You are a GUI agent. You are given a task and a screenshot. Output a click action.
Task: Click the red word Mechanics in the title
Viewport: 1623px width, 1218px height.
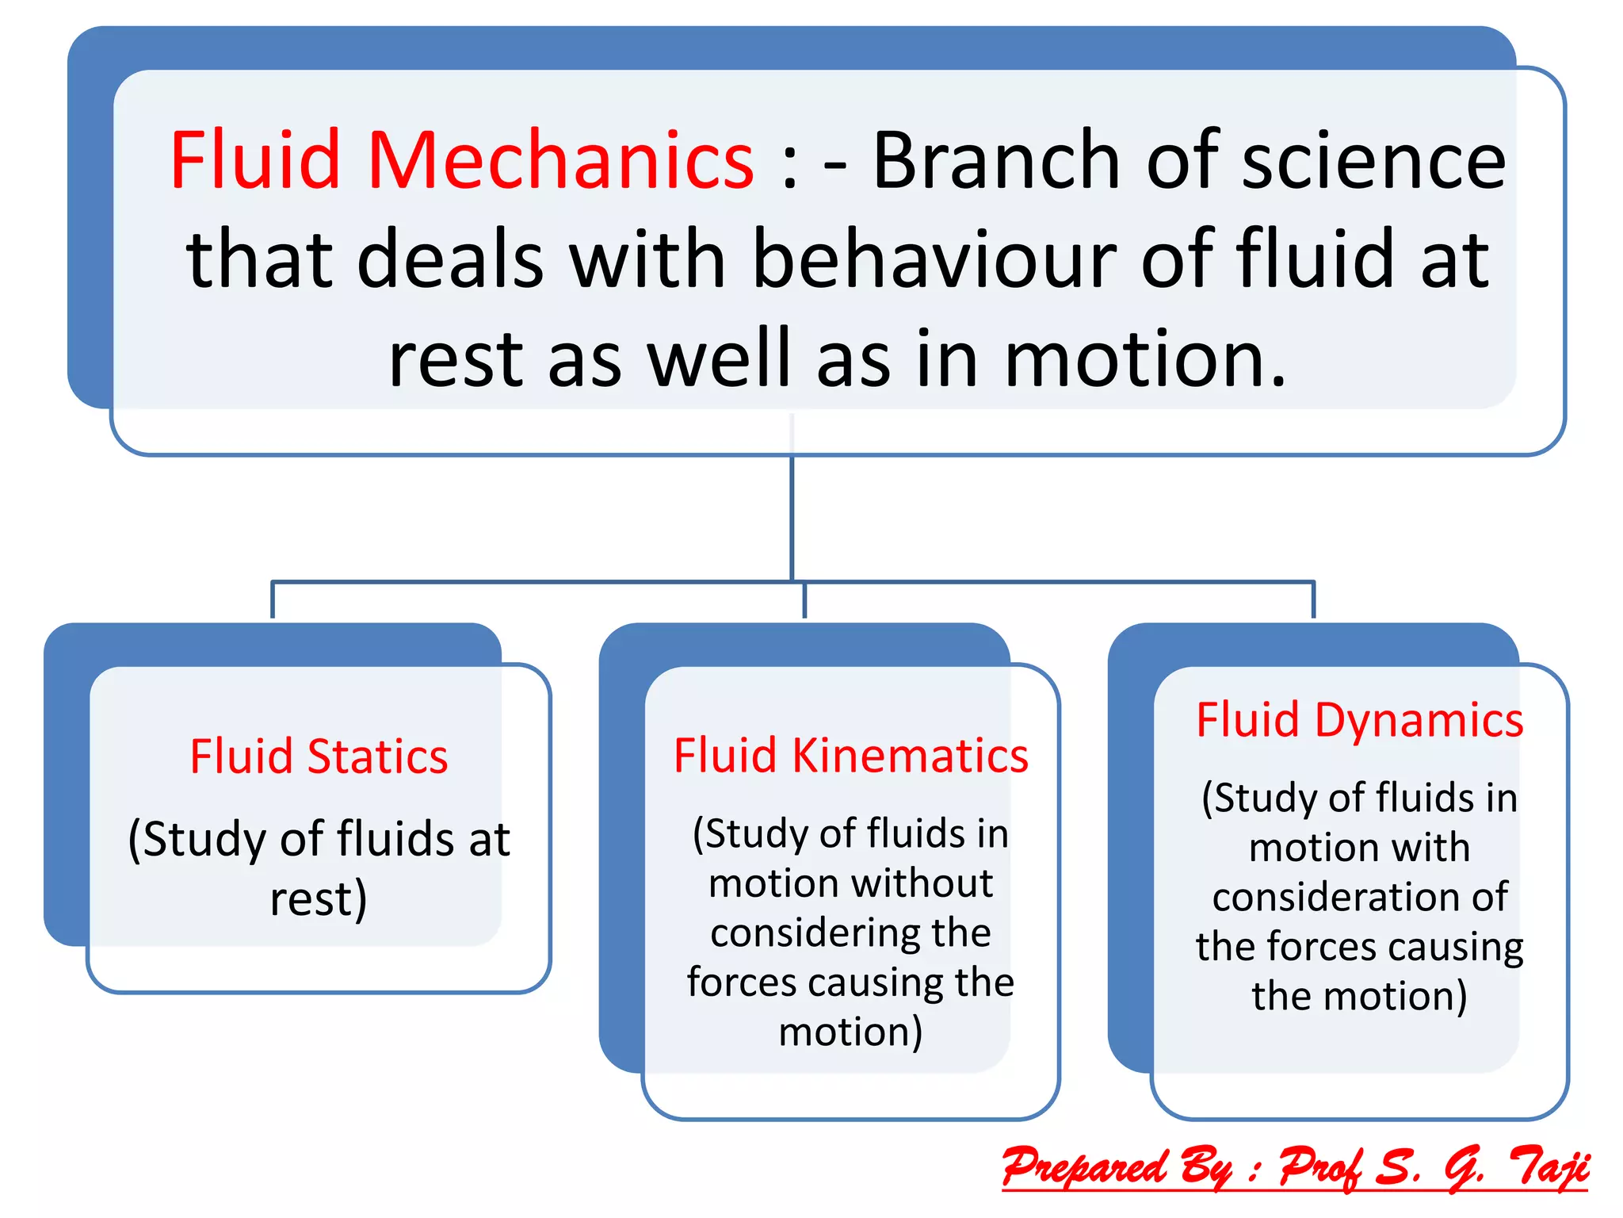(x=560, y=161)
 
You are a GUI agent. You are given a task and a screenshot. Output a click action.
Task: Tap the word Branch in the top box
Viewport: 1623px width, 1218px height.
(x=996, y=161)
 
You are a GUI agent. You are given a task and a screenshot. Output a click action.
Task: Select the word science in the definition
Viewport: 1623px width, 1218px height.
(x=1373, y=161)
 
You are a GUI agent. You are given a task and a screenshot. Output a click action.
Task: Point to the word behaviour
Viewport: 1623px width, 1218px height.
(x=934, y=259)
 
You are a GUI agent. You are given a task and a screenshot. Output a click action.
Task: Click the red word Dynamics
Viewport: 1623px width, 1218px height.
(x=1419, y=721)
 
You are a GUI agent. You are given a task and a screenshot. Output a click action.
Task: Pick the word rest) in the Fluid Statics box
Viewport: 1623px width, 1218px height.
(x=319, y=899)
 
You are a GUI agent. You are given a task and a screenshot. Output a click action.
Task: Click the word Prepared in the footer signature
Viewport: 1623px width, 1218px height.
(x=1083, y=1167)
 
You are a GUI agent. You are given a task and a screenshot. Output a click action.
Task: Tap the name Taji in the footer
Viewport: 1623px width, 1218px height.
(x=1548, y=1167)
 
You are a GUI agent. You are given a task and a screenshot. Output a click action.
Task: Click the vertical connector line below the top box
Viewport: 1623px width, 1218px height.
(x=792, y=515)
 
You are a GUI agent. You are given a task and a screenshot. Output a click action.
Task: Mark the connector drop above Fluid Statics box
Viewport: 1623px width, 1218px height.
(x=273, y=600)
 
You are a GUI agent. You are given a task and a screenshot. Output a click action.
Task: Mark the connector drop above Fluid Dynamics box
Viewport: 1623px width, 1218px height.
(x=1313, y=600)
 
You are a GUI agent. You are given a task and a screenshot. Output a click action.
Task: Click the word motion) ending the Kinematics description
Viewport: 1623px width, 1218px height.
(x=850, y=1032)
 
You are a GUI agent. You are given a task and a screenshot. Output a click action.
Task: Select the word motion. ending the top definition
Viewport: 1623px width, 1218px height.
(x=1145, y=359)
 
